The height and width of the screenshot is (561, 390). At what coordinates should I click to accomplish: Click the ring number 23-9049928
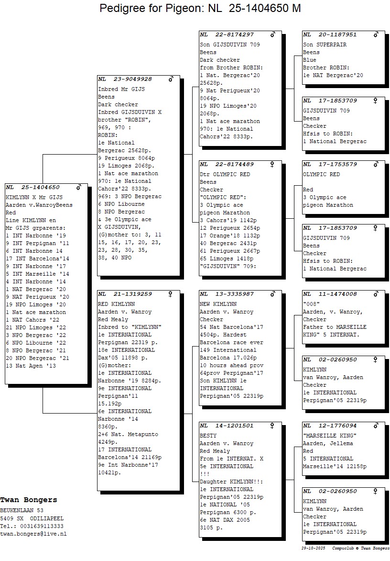(132, 79)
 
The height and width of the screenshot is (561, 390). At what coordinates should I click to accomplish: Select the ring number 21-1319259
(132, 294)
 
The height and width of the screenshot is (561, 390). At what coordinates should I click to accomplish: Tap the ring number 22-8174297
(234, 34)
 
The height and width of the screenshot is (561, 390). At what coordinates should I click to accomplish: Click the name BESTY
(208, 436)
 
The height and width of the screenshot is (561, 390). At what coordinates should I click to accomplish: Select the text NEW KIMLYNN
(218, 304)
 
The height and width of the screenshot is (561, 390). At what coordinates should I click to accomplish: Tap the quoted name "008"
(311, 304)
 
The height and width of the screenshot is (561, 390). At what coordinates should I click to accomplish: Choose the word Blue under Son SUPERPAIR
(310, 60)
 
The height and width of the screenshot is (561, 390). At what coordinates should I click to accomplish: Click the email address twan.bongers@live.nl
(33, 534)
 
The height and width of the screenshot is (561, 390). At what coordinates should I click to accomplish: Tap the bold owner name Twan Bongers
(29, 500)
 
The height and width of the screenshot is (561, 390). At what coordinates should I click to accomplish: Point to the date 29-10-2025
(314, 548)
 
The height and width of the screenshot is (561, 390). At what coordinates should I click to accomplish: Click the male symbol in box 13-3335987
(273, 294)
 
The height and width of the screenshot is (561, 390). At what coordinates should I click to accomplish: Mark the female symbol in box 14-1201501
(273, 426)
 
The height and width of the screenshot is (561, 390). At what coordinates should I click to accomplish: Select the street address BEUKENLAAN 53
(22, 511)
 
